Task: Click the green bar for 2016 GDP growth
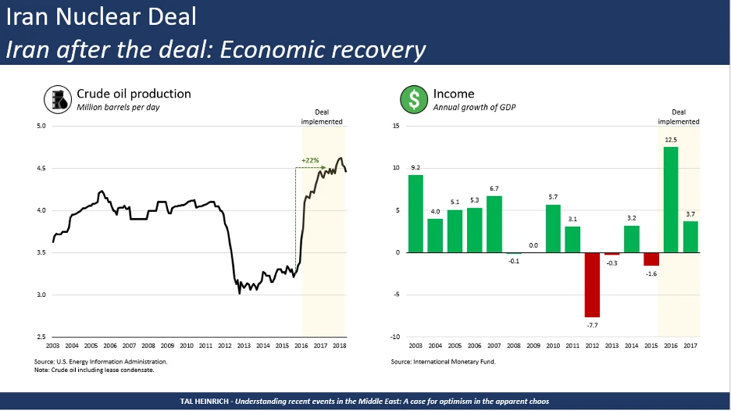[x=671, y=199]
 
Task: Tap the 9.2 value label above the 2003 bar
[x=415, y=167]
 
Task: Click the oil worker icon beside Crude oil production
[x=57, y=99]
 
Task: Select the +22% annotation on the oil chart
[x=311, y=160]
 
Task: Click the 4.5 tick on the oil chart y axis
[x=41, y=168]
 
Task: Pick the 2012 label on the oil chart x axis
[x=224, y=345]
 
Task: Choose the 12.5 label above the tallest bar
[x=671, y=140]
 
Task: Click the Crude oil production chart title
[x=133, y=94]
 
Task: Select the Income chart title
[x=454, y=94]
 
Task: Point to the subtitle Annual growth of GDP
[x=474, y=107]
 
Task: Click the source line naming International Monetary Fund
[x=444, y=362]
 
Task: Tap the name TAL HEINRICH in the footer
[x=204, y=401]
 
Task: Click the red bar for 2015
[x=651, y=259]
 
